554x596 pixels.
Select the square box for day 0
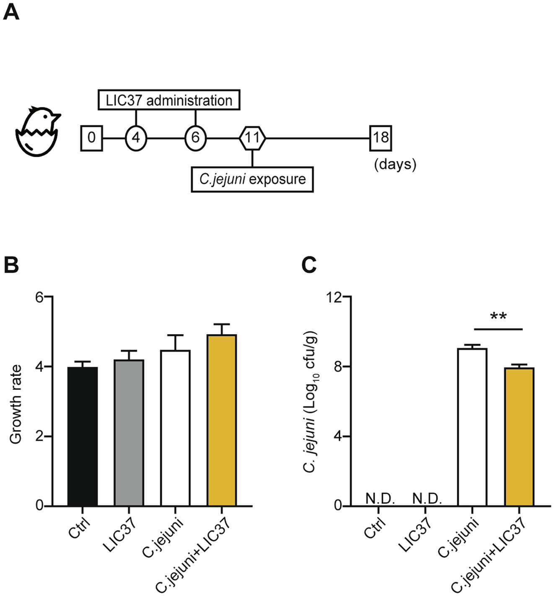pos(91,137)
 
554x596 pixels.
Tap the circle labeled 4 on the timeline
pos(136,137)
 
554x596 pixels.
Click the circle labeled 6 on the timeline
pos(195,137)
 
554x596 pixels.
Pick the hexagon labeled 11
pos(252,137)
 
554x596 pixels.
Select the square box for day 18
pos(381,137)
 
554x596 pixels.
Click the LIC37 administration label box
pos(169,100)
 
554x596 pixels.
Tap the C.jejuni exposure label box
pos(252,179)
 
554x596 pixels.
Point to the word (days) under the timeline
pos(395,164)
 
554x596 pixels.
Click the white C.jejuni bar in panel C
pos(472,427)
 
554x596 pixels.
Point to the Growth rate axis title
pos(16,404)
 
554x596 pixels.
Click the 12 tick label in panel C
pos(335,297)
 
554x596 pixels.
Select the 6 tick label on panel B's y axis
pos(39,297)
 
